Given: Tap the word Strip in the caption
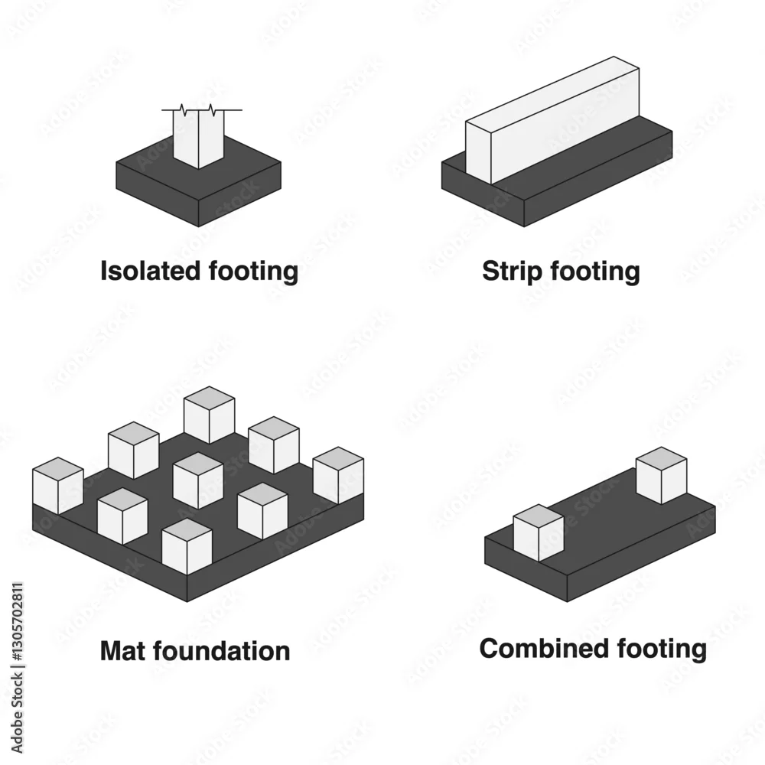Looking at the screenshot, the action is [512, 272].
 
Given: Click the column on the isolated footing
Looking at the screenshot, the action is [199, 138].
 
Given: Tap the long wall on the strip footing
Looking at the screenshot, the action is [552, 120].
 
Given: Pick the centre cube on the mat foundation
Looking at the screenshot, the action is [198, 480].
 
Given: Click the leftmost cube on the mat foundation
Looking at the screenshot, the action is [58, 486].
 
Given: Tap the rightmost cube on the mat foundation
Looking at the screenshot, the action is [338, 475].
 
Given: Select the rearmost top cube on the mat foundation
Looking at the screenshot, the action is [210, 415].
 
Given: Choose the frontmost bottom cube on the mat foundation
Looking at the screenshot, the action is [187, 546].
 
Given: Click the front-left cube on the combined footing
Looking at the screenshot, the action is [539, 532].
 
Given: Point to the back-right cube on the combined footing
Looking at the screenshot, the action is [662, 475].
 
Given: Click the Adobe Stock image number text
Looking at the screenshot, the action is [17, 623].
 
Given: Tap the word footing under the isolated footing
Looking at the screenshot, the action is [254, 272].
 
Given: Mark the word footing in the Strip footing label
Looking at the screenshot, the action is [595, 272].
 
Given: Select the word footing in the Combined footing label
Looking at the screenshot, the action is [662, 649].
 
